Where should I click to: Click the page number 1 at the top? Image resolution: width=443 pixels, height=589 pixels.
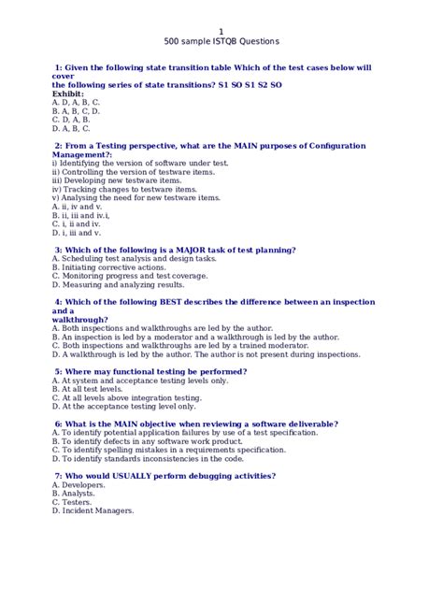[x=221, y=31]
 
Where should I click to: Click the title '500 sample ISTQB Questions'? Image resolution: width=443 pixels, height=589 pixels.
[x=221, y=42]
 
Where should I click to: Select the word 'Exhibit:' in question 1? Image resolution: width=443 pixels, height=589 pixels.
[x=68, y=93]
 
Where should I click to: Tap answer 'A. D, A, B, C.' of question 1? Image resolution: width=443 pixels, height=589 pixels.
[x=76, y=102]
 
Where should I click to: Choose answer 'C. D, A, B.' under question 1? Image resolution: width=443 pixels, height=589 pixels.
[x=71, y=120]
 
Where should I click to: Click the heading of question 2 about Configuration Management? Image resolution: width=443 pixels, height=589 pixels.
[x=209, y=146]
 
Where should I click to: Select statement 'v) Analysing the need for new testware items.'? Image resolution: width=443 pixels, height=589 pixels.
[x=136, y=197]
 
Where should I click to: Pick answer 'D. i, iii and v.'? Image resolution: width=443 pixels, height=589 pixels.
[x=77, y=232]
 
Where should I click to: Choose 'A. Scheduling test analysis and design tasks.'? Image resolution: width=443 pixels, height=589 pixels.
[x=134, y=259]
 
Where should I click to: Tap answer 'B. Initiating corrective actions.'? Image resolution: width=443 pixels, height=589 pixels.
[x=108, y=267]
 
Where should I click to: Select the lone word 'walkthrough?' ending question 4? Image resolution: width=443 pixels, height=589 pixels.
[x=80, y=320]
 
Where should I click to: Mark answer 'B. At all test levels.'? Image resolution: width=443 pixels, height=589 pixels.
[x=87, y=389]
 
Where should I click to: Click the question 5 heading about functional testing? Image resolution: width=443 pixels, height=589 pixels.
[x=150, y=371]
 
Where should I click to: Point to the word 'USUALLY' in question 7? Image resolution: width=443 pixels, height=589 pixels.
[x=134, y=476]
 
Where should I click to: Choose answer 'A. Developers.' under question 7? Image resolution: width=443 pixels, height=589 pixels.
[x=79, y=485]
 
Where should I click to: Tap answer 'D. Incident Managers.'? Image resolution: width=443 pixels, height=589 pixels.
[x=93, y=510]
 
